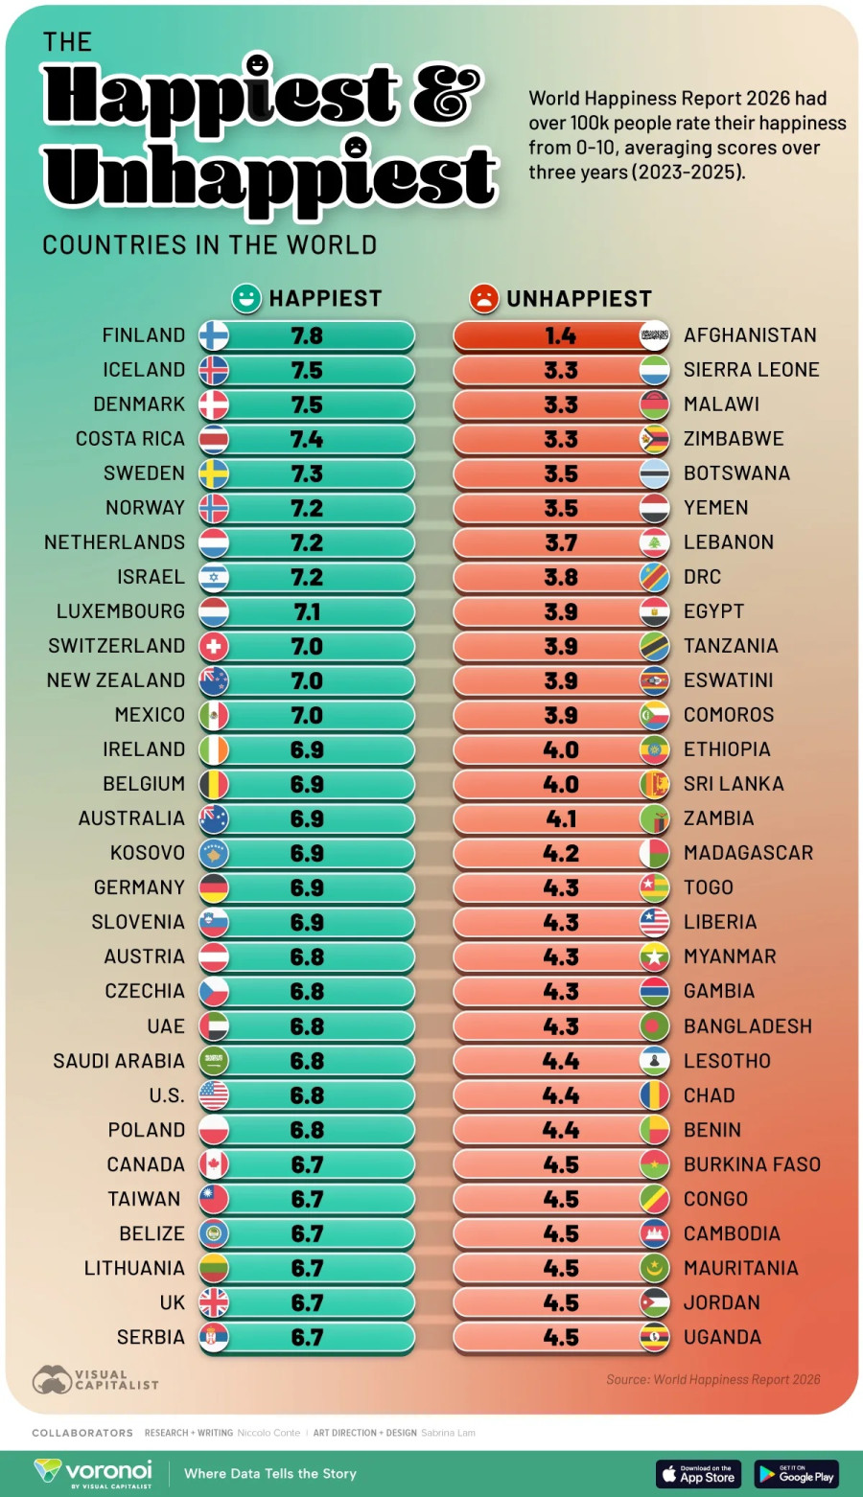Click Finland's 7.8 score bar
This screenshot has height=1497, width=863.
(x=307, y=335)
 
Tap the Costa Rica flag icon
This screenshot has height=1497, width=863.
(x=214, y=439)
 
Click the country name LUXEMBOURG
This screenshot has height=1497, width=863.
(x=121, y=611)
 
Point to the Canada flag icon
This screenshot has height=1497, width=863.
(x=214, y=1164)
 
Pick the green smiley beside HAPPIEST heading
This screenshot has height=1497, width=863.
(x=246, y=298)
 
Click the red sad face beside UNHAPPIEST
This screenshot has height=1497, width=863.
(x=484, y=298)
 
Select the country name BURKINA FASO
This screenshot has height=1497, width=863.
(x=752, y=1164)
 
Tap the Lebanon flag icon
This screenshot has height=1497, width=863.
(x=655, y=542)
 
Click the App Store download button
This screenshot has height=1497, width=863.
(x=698, y=1473)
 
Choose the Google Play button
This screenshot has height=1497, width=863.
(x=796, y=1473)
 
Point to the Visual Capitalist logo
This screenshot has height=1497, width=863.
(x=95, y=1380)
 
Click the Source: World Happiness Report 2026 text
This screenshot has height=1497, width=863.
(x=712, y=1379)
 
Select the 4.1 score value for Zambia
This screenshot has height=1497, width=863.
(x=560, y=818)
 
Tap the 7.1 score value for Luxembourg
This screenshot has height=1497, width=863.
(x=307, y=611)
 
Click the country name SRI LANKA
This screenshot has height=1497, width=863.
(x=734, y=784)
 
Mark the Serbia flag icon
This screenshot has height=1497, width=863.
(x=214, y=1337)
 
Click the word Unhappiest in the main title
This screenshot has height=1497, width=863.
(x=270, y=177)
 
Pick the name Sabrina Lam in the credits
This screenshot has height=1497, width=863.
(x=448, y=1433)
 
